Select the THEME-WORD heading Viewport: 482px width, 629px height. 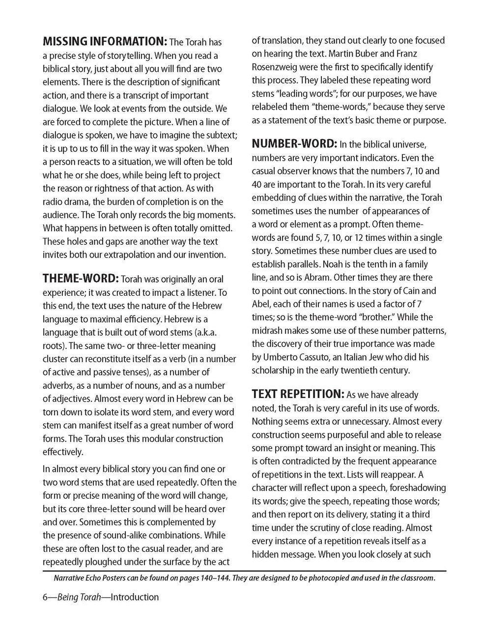pyautogui.click(x=81, y=279)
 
